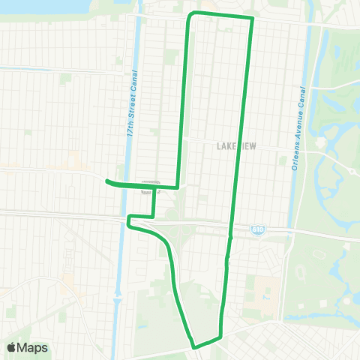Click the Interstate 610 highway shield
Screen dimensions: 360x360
tap(256, 232)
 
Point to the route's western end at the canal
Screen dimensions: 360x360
tap(107, 181)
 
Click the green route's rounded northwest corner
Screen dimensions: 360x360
tap(191, 16)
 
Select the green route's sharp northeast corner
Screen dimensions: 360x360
tap(252, 18)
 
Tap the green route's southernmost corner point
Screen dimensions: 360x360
tap(195, 346)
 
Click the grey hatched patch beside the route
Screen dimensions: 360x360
tap(151, 181)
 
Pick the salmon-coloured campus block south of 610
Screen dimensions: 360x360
tap(265, 292)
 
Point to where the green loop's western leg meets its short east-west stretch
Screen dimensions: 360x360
tap(177, 187)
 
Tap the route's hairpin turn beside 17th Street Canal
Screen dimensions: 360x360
tap(130, 221)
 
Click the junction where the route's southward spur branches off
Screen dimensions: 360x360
tap(154, 187)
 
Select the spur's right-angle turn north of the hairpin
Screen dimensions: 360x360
tap(154, 217)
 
